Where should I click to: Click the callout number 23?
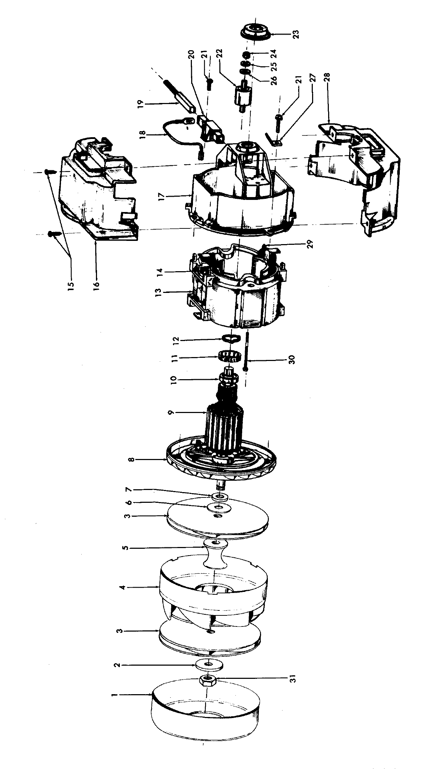296,34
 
